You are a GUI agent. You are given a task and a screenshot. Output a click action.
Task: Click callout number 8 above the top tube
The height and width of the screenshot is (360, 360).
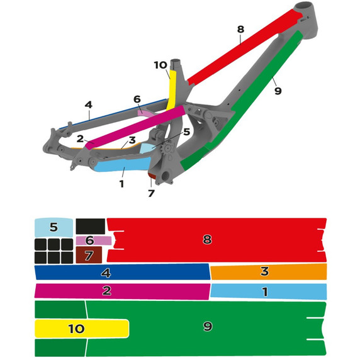click(240, 30)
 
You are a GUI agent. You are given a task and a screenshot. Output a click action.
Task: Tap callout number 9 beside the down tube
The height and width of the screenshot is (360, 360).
click(278, 91)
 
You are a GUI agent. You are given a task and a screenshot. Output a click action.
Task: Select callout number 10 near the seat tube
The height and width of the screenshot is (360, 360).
click(160, 65)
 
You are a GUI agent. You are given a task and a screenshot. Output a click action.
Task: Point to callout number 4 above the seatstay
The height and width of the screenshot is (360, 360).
click(88, 105)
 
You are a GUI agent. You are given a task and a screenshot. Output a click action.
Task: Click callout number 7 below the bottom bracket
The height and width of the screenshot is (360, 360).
click(151, 193)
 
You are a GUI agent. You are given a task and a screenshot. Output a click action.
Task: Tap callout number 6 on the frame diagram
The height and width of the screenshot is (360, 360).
click(137, 99)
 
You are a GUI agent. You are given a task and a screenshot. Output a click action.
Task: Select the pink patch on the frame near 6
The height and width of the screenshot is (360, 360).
click(145, 113)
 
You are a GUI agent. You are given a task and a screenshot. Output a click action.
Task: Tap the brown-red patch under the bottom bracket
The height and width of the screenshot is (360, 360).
click(152, 176)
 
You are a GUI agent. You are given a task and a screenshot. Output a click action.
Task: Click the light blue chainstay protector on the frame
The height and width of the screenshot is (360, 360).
click(122, 165)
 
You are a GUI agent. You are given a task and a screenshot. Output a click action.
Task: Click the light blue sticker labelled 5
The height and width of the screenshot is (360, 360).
click(53, 227)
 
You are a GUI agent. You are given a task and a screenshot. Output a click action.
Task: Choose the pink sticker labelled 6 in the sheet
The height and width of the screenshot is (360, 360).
click(94, 240)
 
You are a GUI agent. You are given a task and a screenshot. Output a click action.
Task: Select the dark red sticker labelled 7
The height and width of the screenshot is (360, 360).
click(89, 255)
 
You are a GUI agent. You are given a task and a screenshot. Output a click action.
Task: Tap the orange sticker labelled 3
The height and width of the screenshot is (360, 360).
click(269, 271)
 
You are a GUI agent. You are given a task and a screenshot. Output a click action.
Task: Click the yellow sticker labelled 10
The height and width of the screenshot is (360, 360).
click(82, 329)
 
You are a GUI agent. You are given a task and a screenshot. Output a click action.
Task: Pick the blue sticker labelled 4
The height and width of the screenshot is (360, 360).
click(122, 273)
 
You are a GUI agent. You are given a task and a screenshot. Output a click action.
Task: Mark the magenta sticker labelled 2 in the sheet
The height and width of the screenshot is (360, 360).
click(122, 291)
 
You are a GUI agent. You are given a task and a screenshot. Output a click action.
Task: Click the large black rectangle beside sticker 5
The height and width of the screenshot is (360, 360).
click(91, 227)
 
